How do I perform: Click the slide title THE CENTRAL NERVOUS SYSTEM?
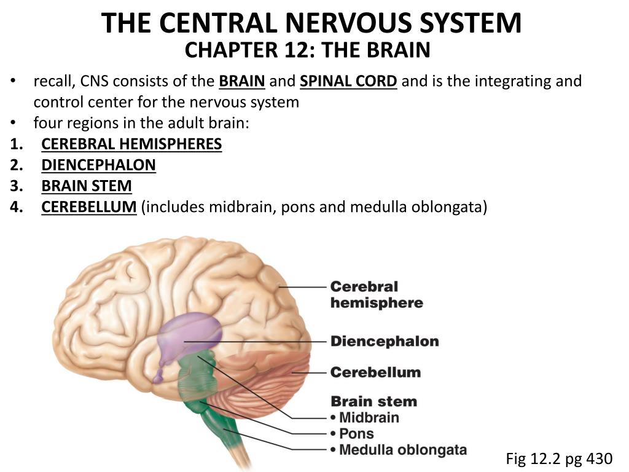[311, 23]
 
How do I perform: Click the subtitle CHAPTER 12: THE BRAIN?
[308, 50]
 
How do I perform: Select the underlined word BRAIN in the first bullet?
[242, 82]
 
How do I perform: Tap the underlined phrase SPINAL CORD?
[348, 82]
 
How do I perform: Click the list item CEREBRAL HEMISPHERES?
[131, 144]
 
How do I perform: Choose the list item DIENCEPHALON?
[98, 165]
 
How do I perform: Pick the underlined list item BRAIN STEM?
[87, 186]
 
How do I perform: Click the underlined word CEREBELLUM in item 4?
[88, 207]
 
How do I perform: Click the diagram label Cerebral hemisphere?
[376, 294]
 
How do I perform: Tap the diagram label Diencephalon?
[385, 341]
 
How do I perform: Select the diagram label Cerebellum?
[375, 372]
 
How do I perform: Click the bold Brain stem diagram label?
[373, 402]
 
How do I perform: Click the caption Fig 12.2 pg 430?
[559, 458]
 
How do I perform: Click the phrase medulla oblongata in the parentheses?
[418, 207]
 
